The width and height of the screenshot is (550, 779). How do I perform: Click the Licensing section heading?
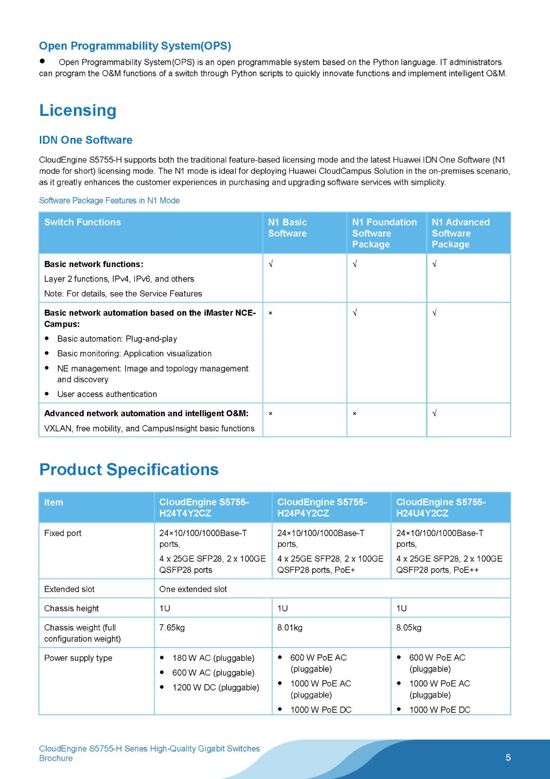tap(78, 111)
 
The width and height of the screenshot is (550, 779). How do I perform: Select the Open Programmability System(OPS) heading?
tap(135, 46)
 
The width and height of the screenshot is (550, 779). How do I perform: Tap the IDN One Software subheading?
tap(86, 140)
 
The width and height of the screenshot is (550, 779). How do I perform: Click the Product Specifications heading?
tap(129, 469)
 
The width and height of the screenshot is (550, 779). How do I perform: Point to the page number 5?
tap(508, 757)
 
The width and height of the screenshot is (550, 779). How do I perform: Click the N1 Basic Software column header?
tap(287, 228)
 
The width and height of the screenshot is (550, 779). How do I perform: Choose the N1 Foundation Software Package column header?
tap(384, 233)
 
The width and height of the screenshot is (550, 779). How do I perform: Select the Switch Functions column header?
tap(83, 223)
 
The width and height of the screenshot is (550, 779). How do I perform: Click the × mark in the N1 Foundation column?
tap(355, 413)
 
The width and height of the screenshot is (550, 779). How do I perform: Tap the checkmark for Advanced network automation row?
tap(435, 413)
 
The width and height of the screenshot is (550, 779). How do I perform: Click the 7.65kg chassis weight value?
tap(172, 628)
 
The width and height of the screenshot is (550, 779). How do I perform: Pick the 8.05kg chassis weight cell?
tap(408, 628)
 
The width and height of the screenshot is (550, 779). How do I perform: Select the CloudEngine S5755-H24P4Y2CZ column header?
tap(322, 507)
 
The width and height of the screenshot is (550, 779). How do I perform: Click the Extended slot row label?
tap(70, 589)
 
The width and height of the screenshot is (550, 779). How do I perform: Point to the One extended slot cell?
tap(193, 589)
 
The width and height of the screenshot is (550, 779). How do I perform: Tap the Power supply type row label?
tap(78, 658)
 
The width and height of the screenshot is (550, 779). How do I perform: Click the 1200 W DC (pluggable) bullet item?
tap(215, 687)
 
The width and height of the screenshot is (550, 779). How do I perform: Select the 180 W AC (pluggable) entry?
tap(213, 658)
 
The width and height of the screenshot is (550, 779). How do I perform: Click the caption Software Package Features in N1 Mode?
tap(109, 201)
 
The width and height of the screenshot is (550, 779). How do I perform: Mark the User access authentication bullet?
tap(107, 394)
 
